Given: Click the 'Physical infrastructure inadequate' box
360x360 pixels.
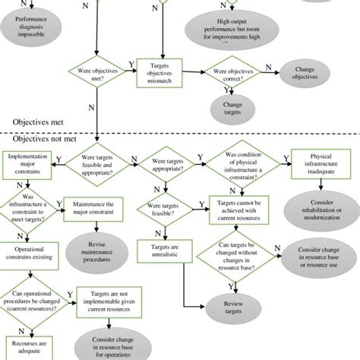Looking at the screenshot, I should click(x=320, y=164).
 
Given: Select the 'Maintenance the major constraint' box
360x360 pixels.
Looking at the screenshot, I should click(x=94, y=206).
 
